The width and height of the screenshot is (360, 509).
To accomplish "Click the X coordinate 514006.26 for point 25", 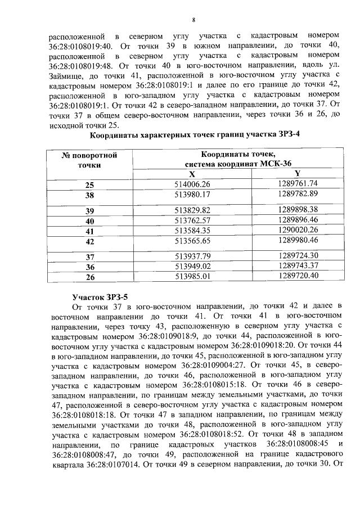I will pyautogui.click(x=192, y=184).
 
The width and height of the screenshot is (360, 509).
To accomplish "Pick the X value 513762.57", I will pyautogui.click(x=192, y=220).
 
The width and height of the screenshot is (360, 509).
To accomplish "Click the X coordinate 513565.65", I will pyautogui.click(x=192, y=240).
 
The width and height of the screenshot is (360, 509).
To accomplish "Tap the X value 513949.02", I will pyautogui.click(x=192, y=266).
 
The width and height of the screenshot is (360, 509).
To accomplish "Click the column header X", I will pyautogui.click(x=192, y=174).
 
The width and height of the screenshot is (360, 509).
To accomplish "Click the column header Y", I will pyautogui.click(x=298, y=174).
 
